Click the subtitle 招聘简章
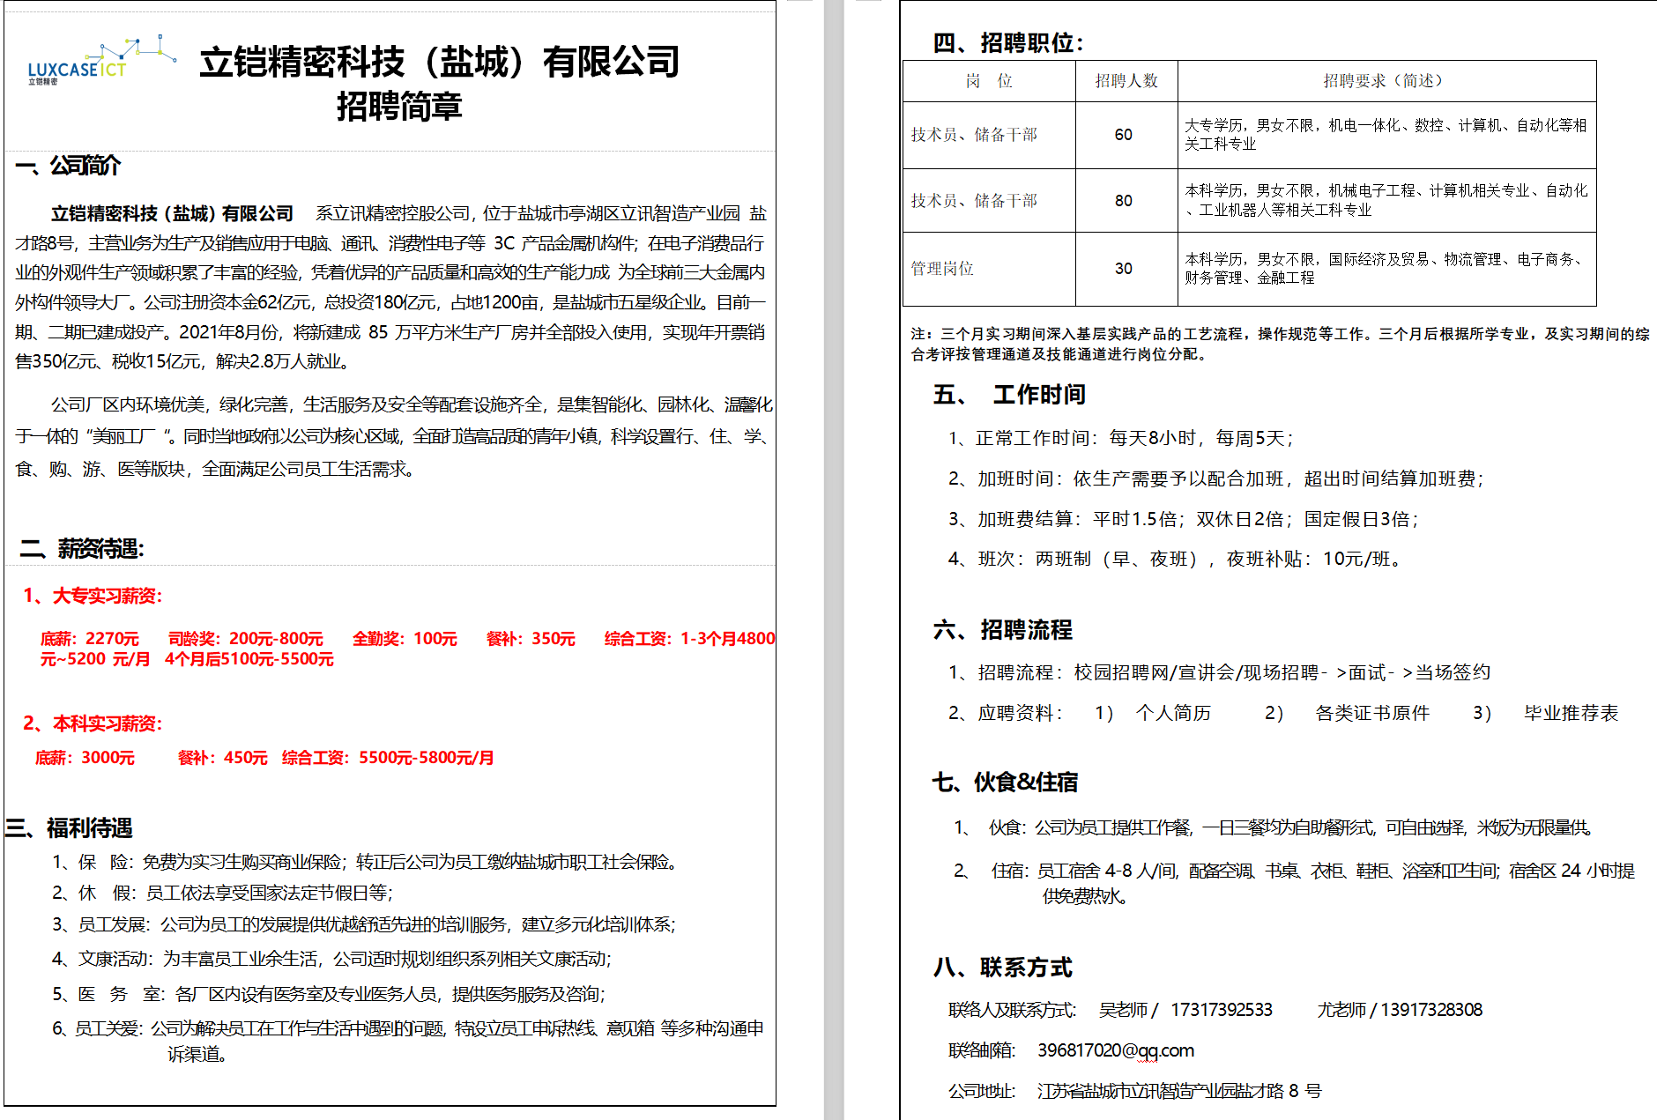tap(399, 107)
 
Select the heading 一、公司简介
tap(68, 166)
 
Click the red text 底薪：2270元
tap(89, 639)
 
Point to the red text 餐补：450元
tap(222, 758)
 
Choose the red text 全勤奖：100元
tap(405, 639)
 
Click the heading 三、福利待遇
tap(69, 828)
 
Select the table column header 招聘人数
tap(1126, 81)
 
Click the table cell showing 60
tap(1123, 135)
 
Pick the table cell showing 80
tap(1123, 201)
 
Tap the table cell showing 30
tap(1123, 269)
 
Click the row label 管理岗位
tap(941, 269)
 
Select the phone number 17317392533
tap(1221, 1010)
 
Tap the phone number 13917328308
tap(1430, 1010)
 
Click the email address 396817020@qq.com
tap(1115, 1050)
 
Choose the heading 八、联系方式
tap(1002, 968)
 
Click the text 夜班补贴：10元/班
tap(1313, 559)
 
